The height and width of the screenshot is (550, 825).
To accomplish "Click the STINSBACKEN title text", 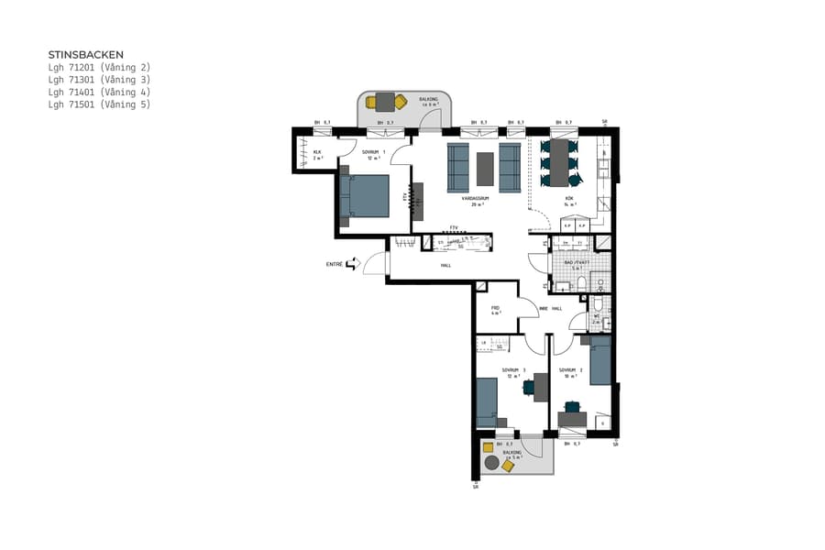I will (x=85, y=54).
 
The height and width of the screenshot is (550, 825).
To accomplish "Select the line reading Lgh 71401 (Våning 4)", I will (x=99, y=92).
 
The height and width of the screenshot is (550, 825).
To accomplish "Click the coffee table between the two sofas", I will (x=485, y=169).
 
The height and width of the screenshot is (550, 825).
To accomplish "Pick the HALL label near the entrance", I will (x=445, y=265).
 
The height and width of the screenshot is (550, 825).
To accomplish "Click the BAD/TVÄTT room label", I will (x=574, y=263).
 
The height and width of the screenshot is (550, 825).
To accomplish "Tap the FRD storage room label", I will (x=495, y=308).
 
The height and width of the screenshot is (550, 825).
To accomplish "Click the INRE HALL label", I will (x=549, y=308).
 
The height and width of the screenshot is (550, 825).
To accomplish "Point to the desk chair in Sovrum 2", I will (x=572, y=406).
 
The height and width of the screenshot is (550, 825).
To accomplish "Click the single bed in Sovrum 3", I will (x=486, y=401).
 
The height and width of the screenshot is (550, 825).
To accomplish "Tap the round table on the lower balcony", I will (x=492, y=465).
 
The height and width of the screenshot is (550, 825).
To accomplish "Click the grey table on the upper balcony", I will (x=384, y=102).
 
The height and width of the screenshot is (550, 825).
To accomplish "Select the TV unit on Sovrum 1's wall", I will (x=418, y=200).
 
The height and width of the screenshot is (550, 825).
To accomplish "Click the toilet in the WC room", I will (x=598, y=305).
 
